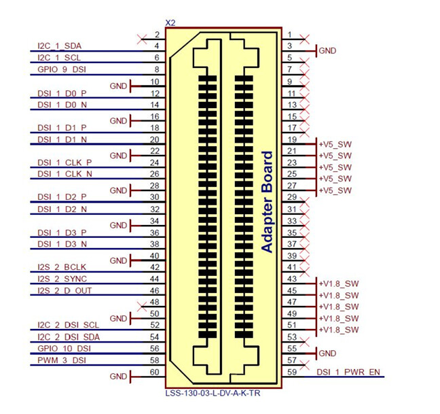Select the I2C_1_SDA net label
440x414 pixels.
58,47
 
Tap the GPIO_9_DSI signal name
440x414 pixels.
60,70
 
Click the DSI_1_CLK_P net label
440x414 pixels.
65,163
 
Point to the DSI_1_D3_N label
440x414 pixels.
62,244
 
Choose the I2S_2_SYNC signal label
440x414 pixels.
62,279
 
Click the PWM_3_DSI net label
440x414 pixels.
62,360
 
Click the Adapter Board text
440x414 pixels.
267,202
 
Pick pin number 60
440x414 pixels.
155,372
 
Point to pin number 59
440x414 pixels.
291,372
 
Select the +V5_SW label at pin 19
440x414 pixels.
335,144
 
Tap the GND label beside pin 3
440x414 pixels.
327,50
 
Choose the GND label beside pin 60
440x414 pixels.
119,376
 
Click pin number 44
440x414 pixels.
155,279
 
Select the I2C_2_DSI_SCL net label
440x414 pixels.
68,325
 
